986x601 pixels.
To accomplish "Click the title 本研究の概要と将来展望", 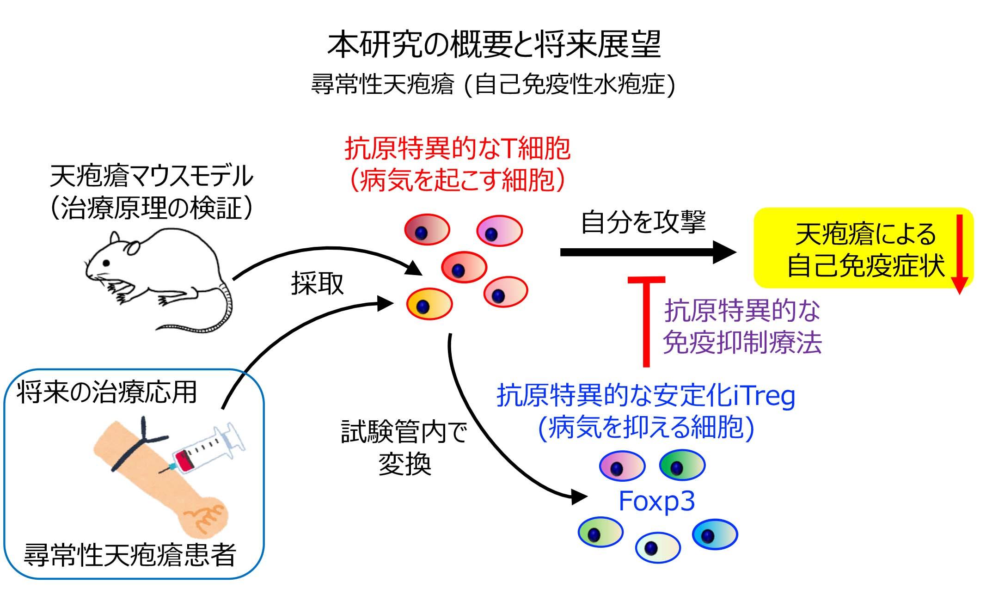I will click(x=494, y=45).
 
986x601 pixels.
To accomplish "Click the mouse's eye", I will click(x=107, y=263).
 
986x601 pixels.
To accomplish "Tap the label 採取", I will click(x=318, y=283).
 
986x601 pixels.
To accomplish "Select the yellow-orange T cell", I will click(x=429, y=304).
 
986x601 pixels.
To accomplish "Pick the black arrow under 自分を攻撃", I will click(x=647, y=252).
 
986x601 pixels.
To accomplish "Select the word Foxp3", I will click(x=656, y=501).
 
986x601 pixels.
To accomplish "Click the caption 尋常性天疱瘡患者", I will click(x=130, y=555).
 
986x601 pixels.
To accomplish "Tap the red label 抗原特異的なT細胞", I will click(x=458, y=149).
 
